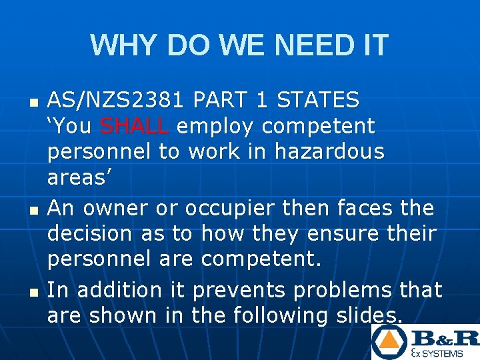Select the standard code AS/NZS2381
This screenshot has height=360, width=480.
[x=116, y=100]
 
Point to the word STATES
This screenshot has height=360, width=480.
[x=318, y=100]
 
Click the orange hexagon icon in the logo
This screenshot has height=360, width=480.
[x=388, y=341]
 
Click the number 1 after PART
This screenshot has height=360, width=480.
[x=261, y=100]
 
